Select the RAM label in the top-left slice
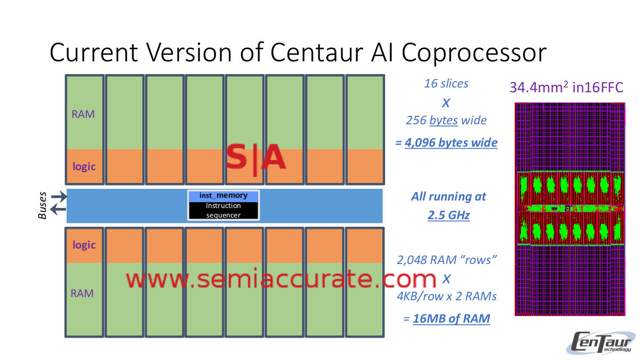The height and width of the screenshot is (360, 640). tap(83, 114)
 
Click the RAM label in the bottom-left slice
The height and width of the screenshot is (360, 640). tap(83, 293)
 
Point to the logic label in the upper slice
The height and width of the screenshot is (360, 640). tap(84, 166)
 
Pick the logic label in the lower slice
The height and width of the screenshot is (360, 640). tap(84, 245)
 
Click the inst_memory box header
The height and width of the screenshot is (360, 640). tap(223, 196)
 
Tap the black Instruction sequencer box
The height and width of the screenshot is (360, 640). tap(223, 210)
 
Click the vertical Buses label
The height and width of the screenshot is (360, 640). tap(43, 205)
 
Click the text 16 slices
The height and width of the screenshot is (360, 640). tap(446, 84)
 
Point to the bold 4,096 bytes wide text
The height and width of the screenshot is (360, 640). tap(451, 143)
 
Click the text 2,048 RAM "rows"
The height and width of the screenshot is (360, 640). tap(447, 260)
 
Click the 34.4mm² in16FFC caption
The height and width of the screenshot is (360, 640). tap(566, 87)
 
